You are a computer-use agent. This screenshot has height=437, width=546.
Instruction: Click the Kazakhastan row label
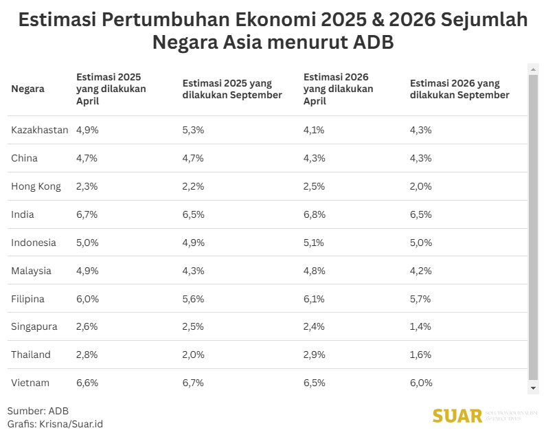point(39,130)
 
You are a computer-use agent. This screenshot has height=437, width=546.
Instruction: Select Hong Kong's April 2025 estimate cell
point(87,186)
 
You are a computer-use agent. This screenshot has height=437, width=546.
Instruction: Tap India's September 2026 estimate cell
point(420,214)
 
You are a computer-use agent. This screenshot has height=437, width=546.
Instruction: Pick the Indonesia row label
point(34,243)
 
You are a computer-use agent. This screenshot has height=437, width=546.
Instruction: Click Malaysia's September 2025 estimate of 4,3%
point(193,271)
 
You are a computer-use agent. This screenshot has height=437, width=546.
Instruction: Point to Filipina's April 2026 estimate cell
point(314,299)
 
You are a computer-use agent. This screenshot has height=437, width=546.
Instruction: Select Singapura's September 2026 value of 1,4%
point(420,327)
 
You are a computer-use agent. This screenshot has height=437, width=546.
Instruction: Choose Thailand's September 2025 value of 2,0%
point(193,355)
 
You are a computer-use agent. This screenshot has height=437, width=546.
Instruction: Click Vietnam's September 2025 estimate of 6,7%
point(193,383)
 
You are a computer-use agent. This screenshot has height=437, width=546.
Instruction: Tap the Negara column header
point(28,89)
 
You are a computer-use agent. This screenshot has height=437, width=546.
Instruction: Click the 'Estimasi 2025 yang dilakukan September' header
point(232,89)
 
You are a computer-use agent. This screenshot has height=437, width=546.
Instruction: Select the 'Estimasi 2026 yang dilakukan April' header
point(338,89)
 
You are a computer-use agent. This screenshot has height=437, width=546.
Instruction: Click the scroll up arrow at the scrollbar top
point(533,69)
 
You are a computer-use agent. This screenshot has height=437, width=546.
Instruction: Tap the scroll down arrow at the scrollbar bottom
point(533,388)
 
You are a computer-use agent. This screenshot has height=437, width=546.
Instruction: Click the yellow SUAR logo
point(457,416)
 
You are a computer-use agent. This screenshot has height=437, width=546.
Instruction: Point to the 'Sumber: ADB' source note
point(38,411)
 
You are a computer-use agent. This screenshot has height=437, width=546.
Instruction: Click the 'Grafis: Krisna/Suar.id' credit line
point(55,424)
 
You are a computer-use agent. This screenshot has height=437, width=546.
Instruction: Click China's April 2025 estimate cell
point(87,158)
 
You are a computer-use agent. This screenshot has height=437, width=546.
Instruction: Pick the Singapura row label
point(34,327)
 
